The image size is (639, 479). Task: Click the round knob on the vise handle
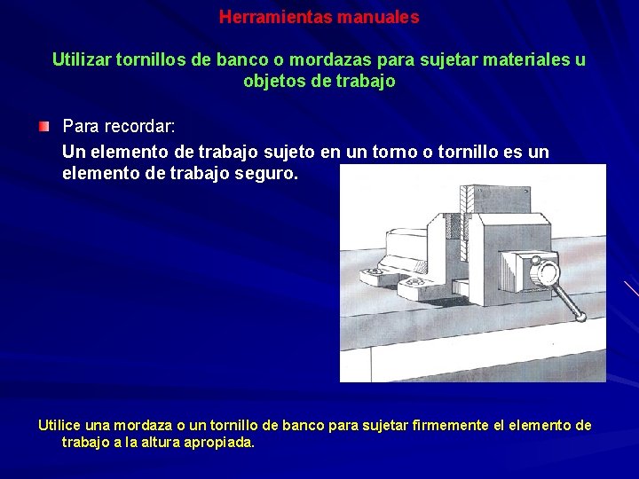(x=546, y=271)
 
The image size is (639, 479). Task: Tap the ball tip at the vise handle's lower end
(x=579, y=318)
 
